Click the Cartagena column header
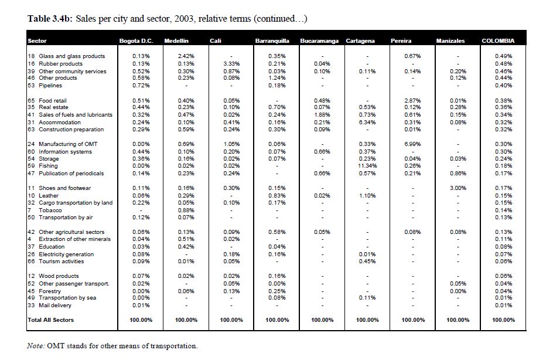tap(360, 41)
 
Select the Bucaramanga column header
tap(319, 41)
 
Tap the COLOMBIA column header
tap(498, 41)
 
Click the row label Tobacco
tap(50, 210)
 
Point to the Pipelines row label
tap(50, 86)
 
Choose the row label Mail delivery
tap(54, 305)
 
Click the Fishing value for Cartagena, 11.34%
tap(367, 166)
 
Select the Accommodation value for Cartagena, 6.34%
tap(367, 123)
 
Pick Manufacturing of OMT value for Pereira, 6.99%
tap(412, 144)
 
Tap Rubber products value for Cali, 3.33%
tap(231, 64)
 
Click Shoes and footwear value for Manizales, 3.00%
tap(458, 188)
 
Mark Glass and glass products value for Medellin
tap(186, 56)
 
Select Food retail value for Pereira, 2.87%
tap(412, 101)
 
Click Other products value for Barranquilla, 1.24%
tap(277, 78)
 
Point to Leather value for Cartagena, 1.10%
tap(367, 195)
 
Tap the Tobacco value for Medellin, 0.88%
tap(186, 210)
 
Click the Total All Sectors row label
tap(51, 320)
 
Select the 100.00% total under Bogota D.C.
tap(141, 320)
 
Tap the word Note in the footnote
tap(36, 346)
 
